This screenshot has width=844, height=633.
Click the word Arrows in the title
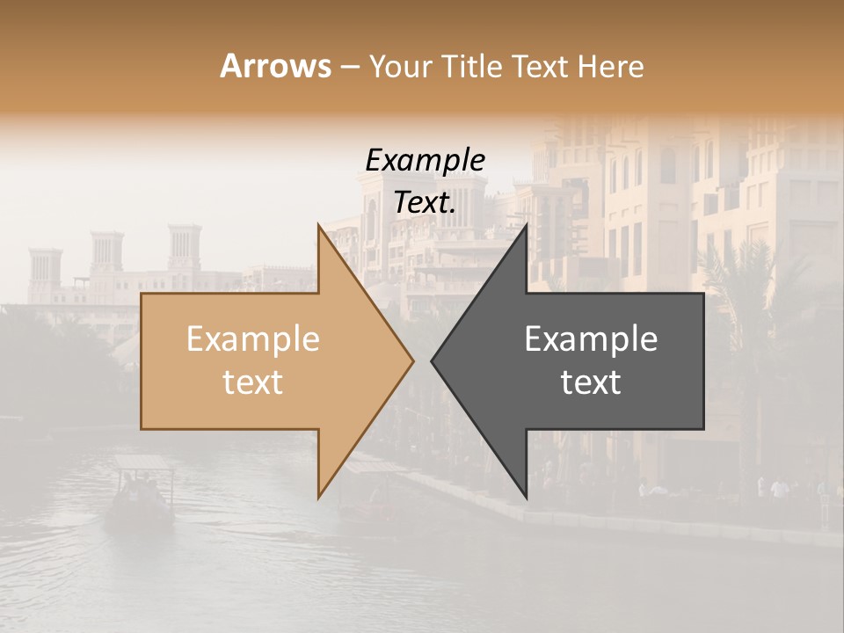[x=276, y=66]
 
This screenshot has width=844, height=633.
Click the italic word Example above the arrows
[x=426, y=160]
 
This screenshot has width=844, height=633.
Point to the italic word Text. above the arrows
[x=426, y=202]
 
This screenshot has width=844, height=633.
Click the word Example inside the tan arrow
[x=253, y=339]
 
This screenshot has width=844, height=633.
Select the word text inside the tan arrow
[x=253, y=382]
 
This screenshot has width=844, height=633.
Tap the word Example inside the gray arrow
[x=591, y=339]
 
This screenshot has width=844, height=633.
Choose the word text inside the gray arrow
[x=591, y=382]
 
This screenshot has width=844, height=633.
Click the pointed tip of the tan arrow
[x=413, y=360]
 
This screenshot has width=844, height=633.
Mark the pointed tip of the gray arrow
[x=432, y=360]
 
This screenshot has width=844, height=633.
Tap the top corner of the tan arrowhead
[x=318, y=225]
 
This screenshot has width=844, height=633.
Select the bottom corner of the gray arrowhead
[x=527, y=498]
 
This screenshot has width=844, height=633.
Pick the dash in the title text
[x=349, y=67]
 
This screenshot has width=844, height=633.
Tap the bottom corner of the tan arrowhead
[x=318, y=498]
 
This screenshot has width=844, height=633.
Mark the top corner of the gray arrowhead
[x=527, y=225]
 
